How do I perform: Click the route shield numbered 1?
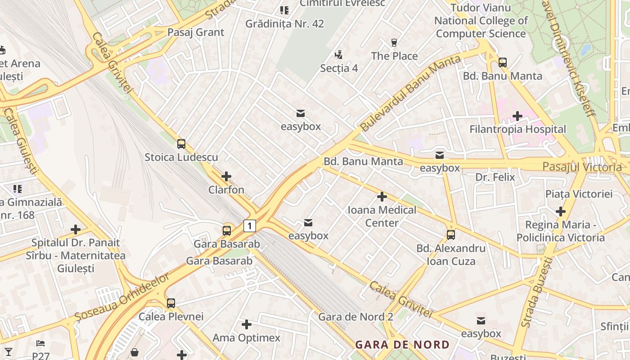tap(250, 225)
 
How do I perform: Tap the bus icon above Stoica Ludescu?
tap(181, 144)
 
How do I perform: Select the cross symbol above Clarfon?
tap(226, 176)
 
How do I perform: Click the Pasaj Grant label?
tap(196, 32)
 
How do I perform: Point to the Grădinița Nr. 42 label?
tap(284, 24)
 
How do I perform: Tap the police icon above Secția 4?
tap(339, 55)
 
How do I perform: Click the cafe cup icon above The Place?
tap(394, 43)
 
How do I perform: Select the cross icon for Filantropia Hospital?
tap(517, 116)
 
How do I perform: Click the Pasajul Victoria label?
tap(582, 167)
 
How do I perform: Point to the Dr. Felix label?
tap(495, 177)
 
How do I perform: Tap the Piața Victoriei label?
tap(579, 194)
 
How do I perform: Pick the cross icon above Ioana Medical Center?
tap(382, 197)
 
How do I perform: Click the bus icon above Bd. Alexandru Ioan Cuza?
tap(450, 234)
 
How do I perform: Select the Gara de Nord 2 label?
tap(355, 317)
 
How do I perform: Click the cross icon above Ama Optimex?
tap(247, 324)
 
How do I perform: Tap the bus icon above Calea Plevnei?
tap(171, 303)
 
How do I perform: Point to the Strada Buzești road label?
tap(536, 292)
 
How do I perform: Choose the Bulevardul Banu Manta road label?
tap(410, 93)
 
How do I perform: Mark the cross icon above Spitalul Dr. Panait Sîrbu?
tap(76, 229)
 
